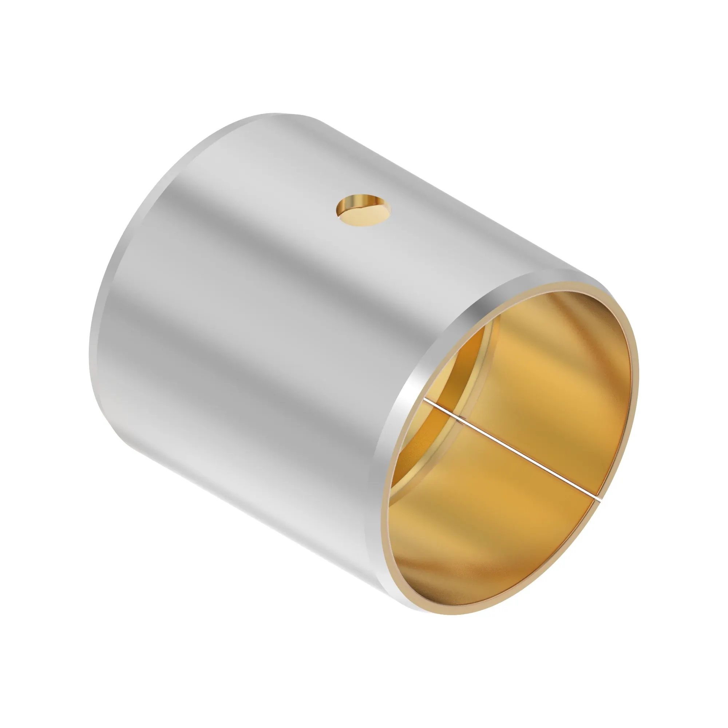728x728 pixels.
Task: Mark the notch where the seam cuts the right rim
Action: [x=598, y=499]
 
